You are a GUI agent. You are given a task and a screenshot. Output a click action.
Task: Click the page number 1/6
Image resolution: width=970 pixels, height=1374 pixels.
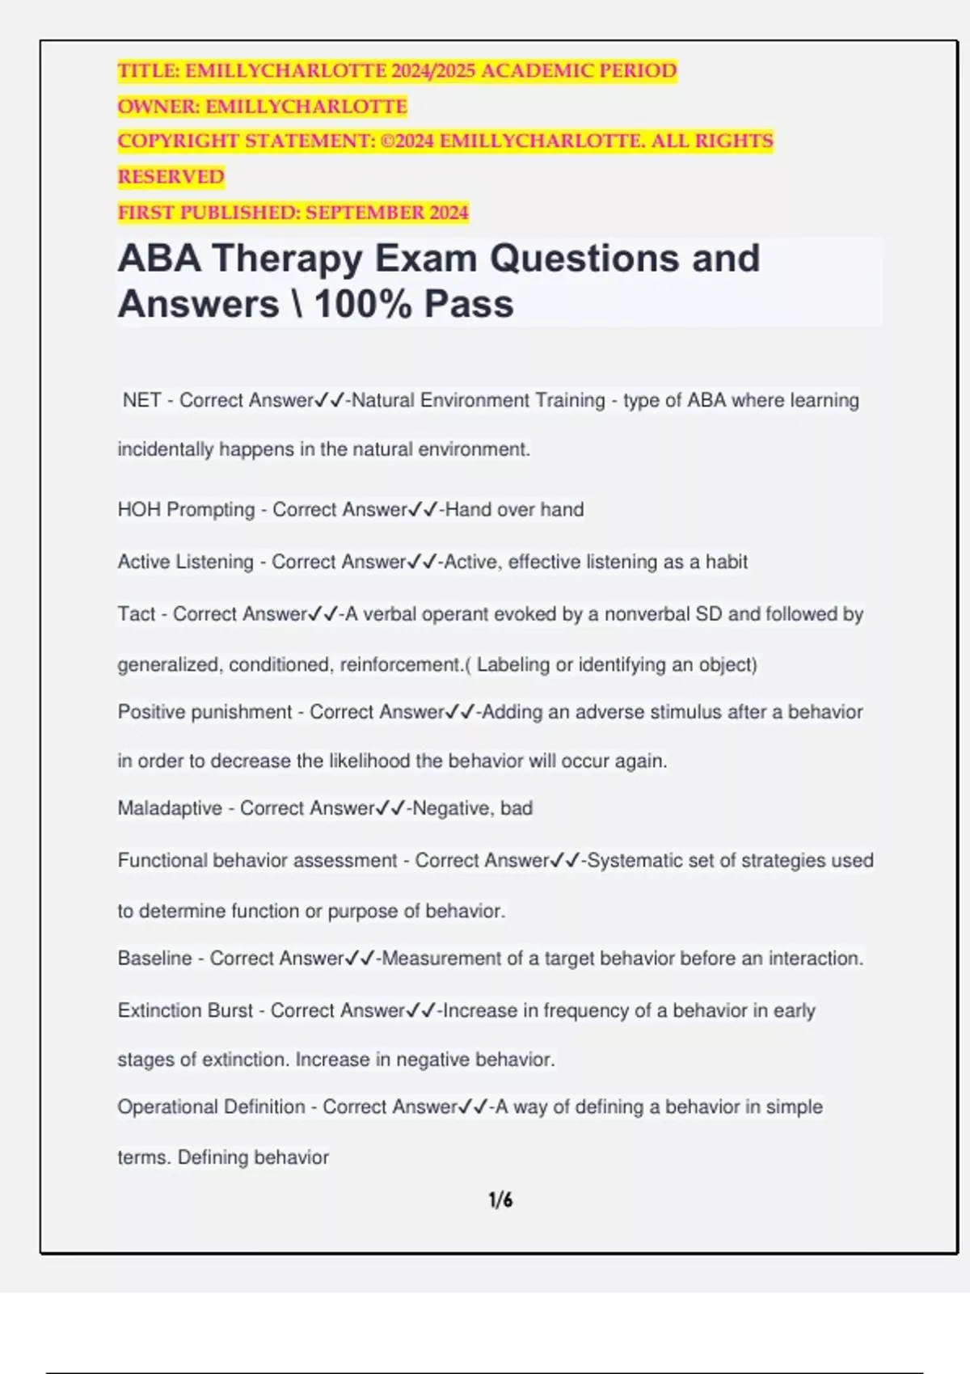point(500,1200)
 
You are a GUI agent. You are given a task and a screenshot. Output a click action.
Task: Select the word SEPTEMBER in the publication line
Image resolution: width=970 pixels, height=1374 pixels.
point(365,213)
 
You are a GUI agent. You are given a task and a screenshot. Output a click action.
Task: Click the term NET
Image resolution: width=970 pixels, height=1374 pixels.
point(141,400)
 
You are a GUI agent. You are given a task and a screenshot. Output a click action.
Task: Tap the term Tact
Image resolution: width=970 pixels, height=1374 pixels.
point(136,614)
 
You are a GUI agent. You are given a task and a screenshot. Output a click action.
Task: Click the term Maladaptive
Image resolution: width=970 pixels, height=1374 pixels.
point(170,808)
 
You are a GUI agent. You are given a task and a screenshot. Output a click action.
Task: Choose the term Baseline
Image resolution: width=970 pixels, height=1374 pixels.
point(154,959)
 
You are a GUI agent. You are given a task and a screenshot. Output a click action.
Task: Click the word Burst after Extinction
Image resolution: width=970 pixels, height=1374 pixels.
point(230,1010)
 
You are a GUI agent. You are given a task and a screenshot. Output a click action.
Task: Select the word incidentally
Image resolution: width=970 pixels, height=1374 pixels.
point(166,449)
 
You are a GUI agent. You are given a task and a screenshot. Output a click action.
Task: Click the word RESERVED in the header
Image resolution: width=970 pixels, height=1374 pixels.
point(171,177)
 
